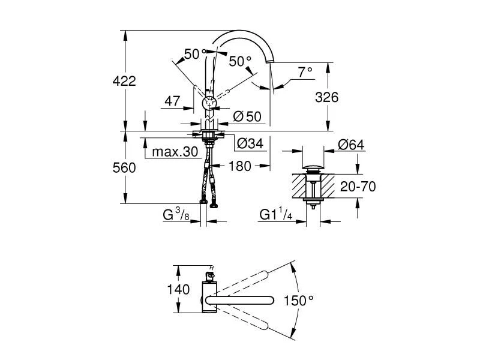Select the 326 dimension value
point(328,97)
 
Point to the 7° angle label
point(305,72)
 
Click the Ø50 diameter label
point(247,117)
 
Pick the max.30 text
point(174,152)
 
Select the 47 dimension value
point(172,102)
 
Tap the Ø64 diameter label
point(351,145)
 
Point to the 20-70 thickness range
point(358,187)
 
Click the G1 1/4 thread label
point(277,214)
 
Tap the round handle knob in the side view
point(209,102)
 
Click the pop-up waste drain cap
point(312,167)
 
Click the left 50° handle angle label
point(191,54)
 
